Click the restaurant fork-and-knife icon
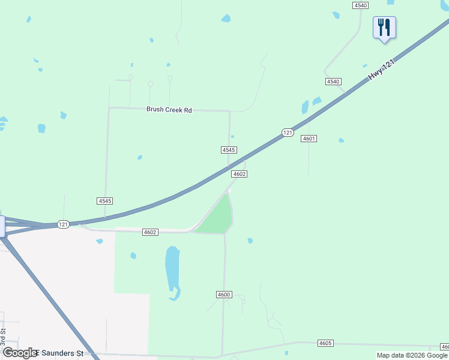click(384, 27)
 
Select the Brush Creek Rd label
click(169, 110)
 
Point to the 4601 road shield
click(309, 139)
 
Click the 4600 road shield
click(224, 295)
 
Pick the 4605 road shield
click(325, 343)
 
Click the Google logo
click(20, 353)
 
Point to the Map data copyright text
click(412, 355)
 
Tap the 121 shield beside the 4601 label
click(288, 132)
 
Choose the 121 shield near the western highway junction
click(64, 224)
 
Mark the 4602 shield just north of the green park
click(240, 174)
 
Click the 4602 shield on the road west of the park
click(150, 232)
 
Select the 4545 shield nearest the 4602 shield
click(229, 150)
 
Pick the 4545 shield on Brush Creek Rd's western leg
click(104, 201)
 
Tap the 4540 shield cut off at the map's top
click(360, 4)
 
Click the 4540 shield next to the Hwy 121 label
click(333, 82)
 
